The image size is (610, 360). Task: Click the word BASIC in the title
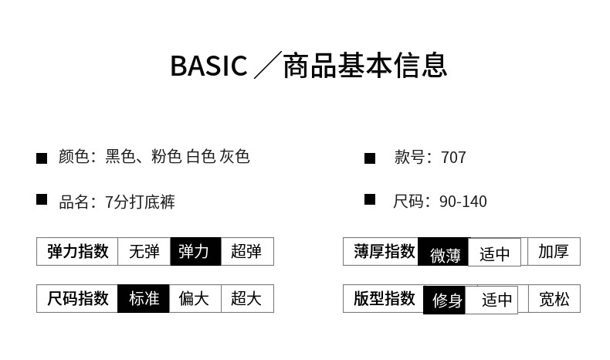(x=208, y=66)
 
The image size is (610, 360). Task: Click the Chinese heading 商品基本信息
(x=364, y=66)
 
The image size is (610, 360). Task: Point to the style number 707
(x=453, y=158)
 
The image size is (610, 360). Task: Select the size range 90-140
(x=463, y=202)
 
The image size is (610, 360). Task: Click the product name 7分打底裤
(x=140, y=202)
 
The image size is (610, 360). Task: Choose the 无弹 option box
(x=144, y=251)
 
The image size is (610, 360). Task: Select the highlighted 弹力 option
(x=195, y=251)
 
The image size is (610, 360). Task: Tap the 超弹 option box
(x=247, y=251)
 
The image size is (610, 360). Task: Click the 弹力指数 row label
(x=77, y=251)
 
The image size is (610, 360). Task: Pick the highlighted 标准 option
(x=144, y=298)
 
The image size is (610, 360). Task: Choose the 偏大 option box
(x=195, y=298)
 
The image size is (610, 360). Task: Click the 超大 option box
(x=247, y=298)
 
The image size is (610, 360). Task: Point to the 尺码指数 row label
(x=77, y=298)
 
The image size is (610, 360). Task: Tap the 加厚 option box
(x=554, y=251)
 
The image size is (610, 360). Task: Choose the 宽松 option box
(x=554, y=298)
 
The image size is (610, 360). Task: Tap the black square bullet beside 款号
(x=370, y=158)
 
